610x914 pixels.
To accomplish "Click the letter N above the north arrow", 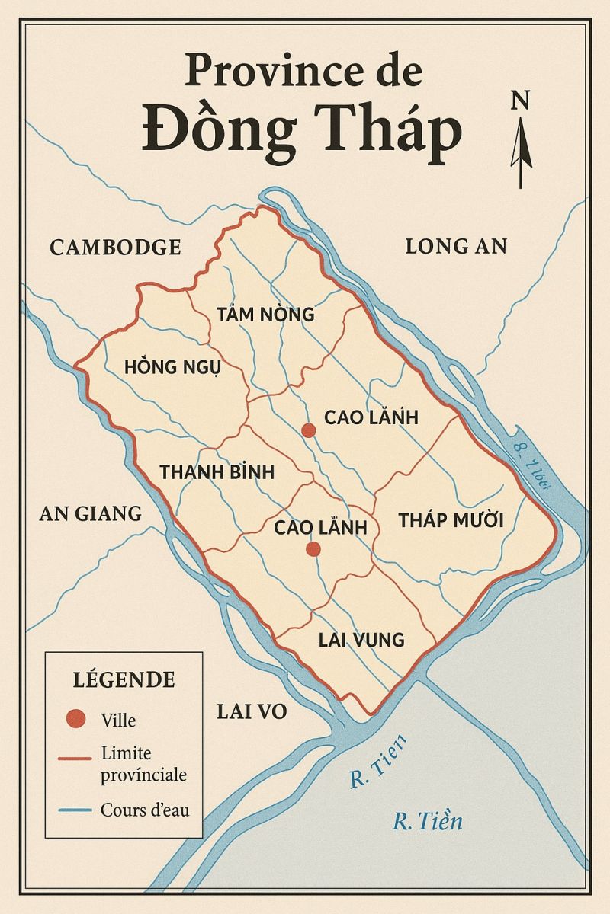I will point(521,100).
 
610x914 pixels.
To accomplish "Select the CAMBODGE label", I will point(115,247).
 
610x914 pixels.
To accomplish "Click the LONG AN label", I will point(456,246).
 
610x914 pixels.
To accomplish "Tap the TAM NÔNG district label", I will point(265,314).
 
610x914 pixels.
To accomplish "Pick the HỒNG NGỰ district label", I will point(172,367).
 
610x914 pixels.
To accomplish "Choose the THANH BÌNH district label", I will point(217,471).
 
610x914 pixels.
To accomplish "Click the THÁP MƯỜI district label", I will point(451,521).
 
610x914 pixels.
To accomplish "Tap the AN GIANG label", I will point(90,513).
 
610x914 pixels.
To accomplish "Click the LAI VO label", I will point(252,711).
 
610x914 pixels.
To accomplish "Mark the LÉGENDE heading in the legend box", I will point(124,679).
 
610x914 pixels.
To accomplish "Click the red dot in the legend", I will point(75,718).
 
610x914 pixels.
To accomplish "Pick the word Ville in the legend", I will point(118,719).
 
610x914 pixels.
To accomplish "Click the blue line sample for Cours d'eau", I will point(75,810).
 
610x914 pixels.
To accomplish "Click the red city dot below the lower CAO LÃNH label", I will point(312,549).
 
